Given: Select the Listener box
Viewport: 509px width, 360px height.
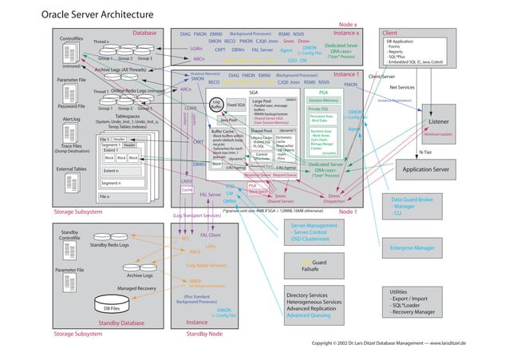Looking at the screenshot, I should coord(440,121).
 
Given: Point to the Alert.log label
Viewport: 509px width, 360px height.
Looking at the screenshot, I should coord(71,120).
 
